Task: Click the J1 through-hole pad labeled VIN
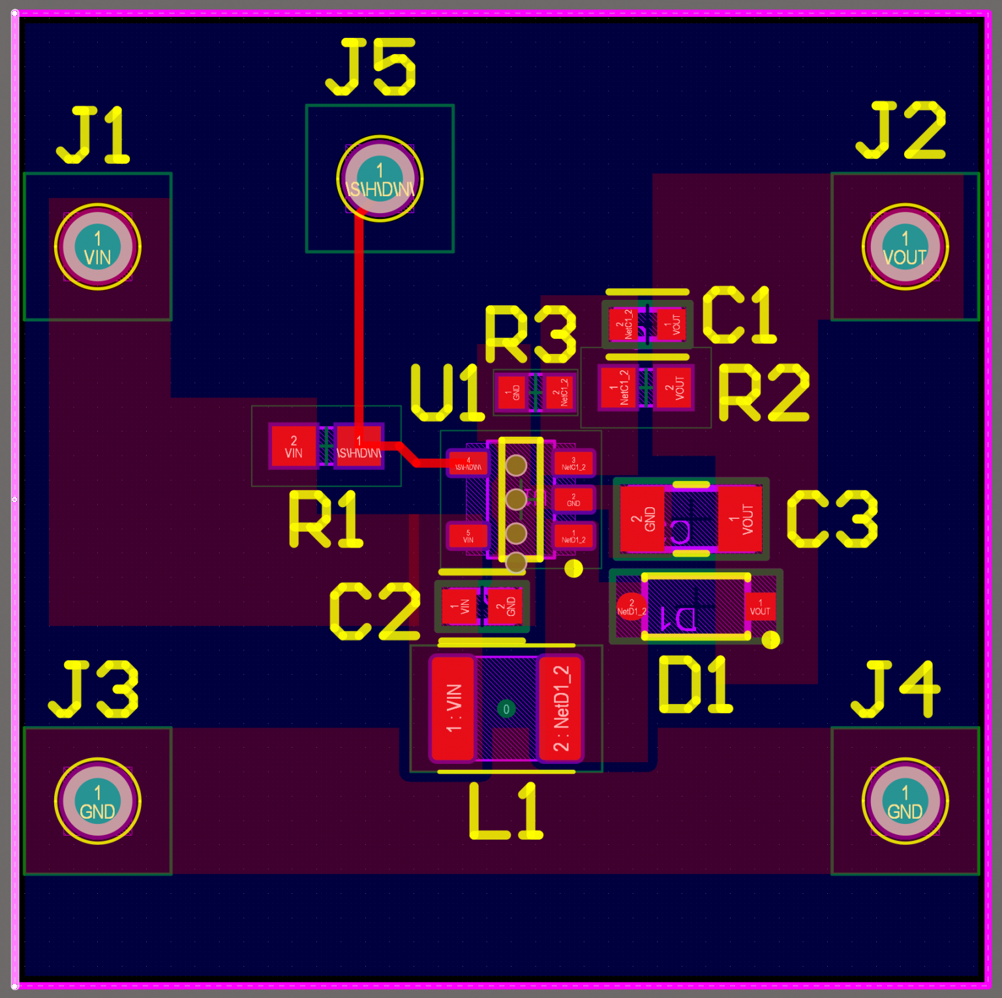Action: (98, 247)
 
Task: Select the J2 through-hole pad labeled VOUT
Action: (905, 247)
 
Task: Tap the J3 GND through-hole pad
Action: (98, 801)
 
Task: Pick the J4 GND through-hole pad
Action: (905, 801)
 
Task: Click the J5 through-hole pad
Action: (380, 178)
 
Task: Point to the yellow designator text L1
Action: (506, 812)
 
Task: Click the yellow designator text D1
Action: (695, 685)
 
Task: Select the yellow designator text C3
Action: (832, 520)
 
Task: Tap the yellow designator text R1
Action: (325, 520)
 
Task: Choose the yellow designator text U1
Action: (448, 393)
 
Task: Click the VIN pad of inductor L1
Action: (453, 709)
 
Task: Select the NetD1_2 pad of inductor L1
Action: (561, 709)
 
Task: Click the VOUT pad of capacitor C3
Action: (741, 520)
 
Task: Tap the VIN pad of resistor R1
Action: (294, 447)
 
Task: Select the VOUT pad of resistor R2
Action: (674, 388)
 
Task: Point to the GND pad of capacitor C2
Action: (505, 607)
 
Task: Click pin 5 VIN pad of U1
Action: (468, 536)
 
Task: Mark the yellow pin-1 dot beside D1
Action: (770, 640)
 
